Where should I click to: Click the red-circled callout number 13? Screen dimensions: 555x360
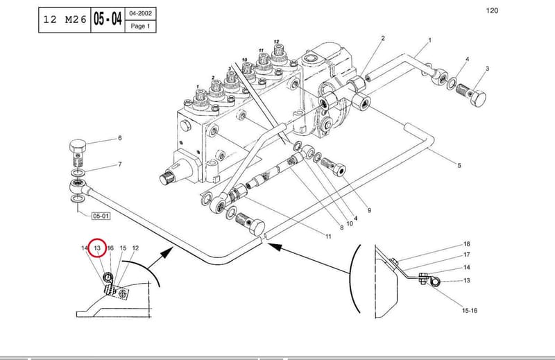(97, 248)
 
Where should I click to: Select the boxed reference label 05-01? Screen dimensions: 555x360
(101, 216)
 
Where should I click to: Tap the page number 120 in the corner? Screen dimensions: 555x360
(492, 10)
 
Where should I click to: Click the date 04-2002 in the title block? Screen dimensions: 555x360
(141, 13)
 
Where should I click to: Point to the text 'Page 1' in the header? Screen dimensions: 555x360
(141, 26)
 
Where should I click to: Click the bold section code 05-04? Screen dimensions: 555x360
(108, 19)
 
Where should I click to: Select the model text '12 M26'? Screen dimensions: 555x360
(65, 19)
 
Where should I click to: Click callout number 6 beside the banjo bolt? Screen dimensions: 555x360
(119, 138)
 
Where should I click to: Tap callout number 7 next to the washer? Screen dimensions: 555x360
(119, 164)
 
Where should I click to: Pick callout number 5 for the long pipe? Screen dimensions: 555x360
(459, 165)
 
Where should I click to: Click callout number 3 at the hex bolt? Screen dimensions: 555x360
(487, 68)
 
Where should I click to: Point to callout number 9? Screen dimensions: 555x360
(369, 210)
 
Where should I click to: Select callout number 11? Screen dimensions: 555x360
(328, 236)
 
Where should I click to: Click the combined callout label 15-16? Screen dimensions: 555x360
(470, 311)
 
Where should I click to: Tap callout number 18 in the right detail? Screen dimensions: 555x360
(466, 244)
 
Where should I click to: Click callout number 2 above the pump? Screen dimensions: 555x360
(383, 38)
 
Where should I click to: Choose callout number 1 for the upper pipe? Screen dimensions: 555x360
(429, 40)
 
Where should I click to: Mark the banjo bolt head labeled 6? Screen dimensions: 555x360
(78, 145)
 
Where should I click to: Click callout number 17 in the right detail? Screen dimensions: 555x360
(466, 255)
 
